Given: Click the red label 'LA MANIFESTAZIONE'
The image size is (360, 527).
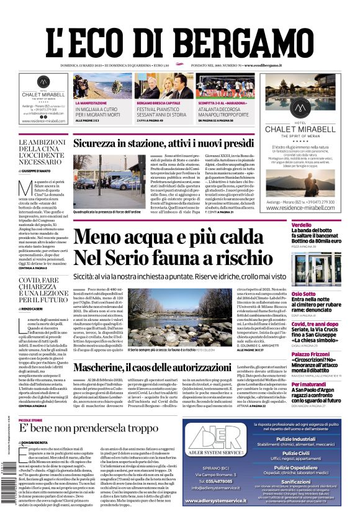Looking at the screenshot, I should tap(91, 103).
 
